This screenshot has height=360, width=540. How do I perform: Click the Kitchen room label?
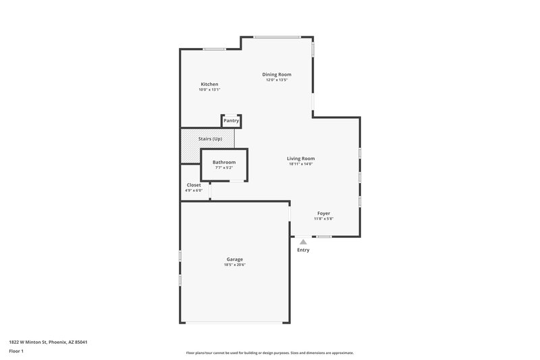(209, 84)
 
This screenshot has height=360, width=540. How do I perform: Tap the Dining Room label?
(277, 74)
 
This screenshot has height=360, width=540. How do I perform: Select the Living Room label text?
(301, 158)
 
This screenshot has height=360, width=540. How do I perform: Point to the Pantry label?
(232, 120)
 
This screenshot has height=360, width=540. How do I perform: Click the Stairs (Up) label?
(210, 138)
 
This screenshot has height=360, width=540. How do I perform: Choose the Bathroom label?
(224, 162)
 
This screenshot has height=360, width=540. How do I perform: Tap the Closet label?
(194, 184)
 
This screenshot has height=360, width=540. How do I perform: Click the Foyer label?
(324, 213)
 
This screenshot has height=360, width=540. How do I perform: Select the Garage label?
(234, 259)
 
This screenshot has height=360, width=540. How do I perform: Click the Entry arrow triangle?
(303, 241)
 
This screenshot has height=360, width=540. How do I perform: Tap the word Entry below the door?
(303, 250)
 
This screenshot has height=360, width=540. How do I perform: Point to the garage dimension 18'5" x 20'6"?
(234, 265)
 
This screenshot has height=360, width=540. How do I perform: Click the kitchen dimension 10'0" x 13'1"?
(209, 90)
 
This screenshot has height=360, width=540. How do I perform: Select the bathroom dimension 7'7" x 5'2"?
(224, 168)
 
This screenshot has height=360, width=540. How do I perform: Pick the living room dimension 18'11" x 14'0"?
(301, 164)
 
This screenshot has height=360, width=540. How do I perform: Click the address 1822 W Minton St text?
(48, 342)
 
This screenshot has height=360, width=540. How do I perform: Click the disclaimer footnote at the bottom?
(270, 353)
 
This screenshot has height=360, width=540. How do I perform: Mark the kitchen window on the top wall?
(215, 49)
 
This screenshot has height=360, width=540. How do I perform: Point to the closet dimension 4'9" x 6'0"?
(194, 190)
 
